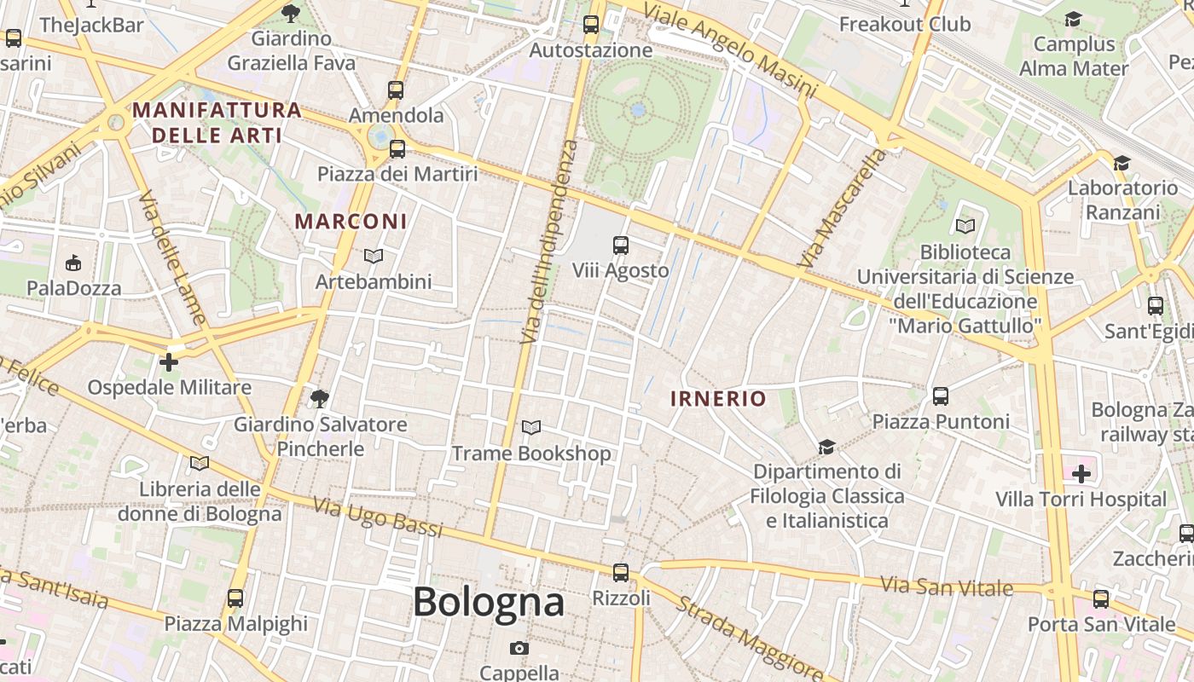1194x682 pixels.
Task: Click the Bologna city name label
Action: (x=488, y=603)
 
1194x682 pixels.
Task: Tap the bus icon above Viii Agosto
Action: (x=621, y=246)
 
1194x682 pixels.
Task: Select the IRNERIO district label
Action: (x=718, y=398)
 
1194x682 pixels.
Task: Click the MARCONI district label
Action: (x=351, y=222)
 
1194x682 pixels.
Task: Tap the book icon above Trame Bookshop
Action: (x=531, y=427)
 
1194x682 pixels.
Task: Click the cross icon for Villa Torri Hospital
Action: (x=1081, y=473)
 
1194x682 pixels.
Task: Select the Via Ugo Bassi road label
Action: (x=378, y=517)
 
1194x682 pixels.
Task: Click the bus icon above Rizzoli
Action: (x=621, y=573)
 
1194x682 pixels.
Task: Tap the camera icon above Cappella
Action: (x=519, y=648)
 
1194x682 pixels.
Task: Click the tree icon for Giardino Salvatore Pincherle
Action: (x=320, y=398)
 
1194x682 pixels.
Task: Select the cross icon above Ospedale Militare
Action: (x=169, y=362)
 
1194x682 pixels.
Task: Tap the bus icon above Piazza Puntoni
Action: (x=941, y=396)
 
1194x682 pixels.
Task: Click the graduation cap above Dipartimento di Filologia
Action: (x=826, y=447)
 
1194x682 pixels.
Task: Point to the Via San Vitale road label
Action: (x=947, y=587)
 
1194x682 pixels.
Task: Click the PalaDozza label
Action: (x=74, y=288)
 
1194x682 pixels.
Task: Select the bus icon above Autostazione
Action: (x=591, y=25)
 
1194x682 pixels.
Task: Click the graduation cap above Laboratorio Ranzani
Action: (x=1122, y=163)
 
